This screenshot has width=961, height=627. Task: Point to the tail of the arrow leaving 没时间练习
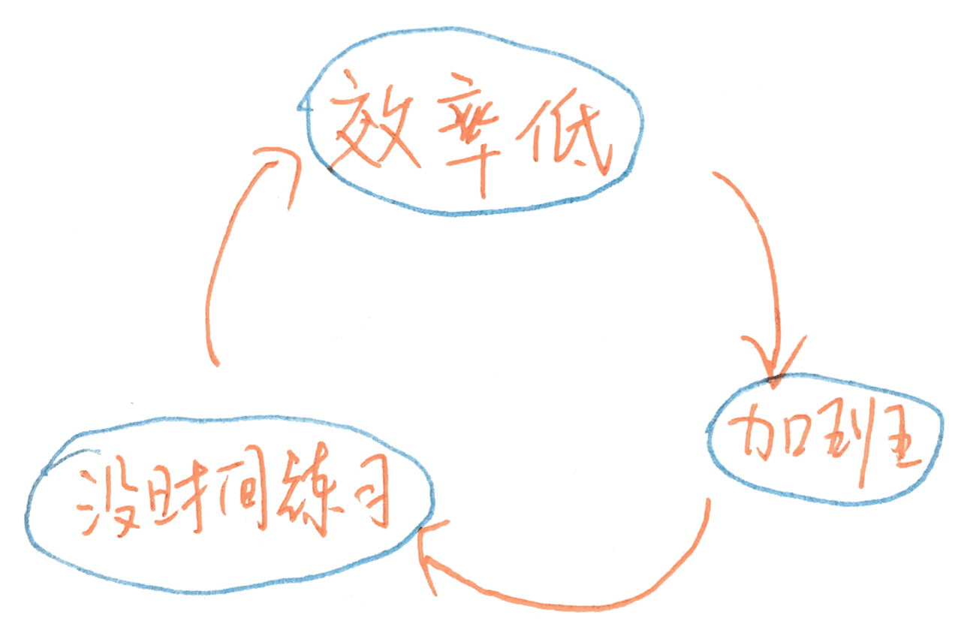pos(215,363)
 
